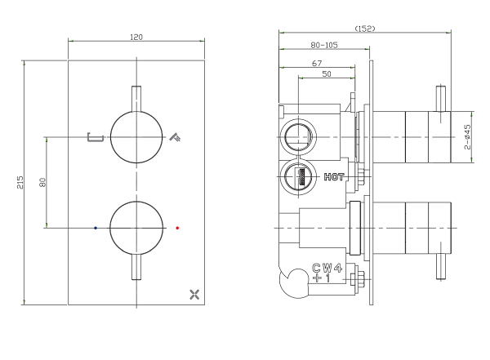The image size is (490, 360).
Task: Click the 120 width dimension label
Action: [136, 38]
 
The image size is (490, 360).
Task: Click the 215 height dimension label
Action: [20, 183]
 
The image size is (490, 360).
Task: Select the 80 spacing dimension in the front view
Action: [42, 182]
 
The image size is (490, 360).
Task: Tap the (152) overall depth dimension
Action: [365, 29]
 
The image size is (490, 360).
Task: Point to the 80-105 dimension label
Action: [324, 46]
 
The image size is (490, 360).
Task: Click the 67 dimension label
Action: [317, 64]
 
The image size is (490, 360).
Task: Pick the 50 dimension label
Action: [327, 74]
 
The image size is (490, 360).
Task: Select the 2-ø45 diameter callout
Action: [467, 137]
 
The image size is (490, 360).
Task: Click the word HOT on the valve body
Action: [334, 177]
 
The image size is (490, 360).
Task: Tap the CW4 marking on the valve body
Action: [327, 268]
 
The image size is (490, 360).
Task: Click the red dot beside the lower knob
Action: [177, 228]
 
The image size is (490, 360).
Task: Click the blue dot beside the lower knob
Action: [96, 228]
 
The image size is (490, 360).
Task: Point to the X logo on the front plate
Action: [194, 295]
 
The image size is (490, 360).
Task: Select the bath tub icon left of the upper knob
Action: [96, 137]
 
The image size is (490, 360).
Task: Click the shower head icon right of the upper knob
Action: [175, 137]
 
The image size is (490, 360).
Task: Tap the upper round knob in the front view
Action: [136, 137]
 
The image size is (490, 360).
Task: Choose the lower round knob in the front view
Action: [136, 228]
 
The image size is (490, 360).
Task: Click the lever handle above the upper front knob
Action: [136, 99]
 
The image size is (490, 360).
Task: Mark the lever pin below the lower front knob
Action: [136, 267]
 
